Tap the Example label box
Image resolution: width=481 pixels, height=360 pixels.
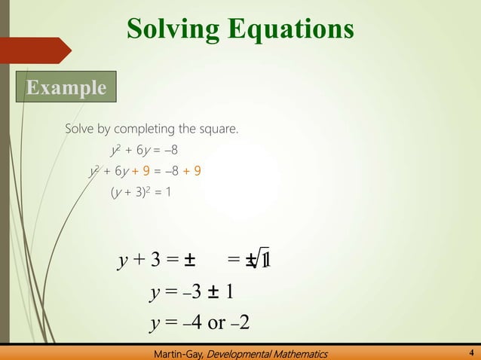(67, 87)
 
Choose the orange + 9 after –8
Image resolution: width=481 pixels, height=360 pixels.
(191, 171)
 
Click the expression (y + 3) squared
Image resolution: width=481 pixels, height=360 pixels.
(132, 192)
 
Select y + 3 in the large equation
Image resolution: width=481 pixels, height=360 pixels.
(139, 261)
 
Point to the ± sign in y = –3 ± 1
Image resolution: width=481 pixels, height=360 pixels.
(214, 292)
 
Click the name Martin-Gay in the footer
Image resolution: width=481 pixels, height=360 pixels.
(177, 353)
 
